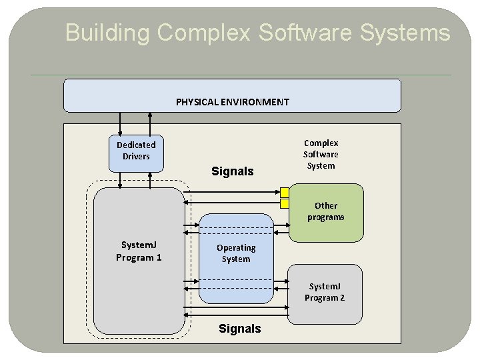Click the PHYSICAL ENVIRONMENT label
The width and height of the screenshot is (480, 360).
coord(232,102)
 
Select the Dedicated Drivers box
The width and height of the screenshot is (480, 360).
coord(136,151)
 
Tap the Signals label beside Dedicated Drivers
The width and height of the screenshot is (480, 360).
coord(232,171)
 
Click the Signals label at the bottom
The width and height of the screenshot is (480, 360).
coord(240,329)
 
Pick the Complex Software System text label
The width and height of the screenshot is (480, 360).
coord(321,154)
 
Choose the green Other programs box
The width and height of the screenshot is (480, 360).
coord(326,212)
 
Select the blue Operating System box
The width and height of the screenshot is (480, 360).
coord(236,253)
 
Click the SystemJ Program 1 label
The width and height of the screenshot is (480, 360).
coord(139,252)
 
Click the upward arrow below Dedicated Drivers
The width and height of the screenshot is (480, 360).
coord(150,179)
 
